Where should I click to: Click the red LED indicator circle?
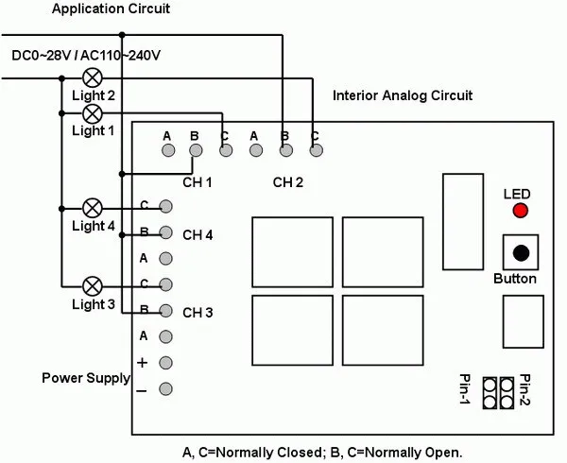(x=521, y=211)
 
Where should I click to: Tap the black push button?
(x=521, y=252)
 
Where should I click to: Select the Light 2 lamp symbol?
(x=93, y=77)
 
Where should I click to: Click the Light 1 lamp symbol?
(x=93, y=113)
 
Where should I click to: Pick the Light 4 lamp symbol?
(x=93, y=208)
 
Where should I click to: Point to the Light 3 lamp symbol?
(x=93, y=286)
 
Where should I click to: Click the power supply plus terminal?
(x=165, y=363)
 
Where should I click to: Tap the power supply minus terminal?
(x=165, y=389)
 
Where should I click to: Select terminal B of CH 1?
(x=196, y=150)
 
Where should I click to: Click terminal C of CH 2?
(x=317, y=150)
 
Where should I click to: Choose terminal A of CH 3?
(x=165, y=336)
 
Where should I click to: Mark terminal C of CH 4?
(x=165, y=206)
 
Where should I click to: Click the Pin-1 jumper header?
(x=490, y=393)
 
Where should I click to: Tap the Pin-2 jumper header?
(x=507, y=393)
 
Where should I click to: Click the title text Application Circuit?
(x=111, y=9)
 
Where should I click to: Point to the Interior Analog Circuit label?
(x=403, y=95)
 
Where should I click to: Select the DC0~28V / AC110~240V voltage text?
(x=86, y=56)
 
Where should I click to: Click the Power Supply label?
(x=86, y=378)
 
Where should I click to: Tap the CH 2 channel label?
(x=288, y=182)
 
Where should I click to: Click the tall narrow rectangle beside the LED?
(x=463, y=222)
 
